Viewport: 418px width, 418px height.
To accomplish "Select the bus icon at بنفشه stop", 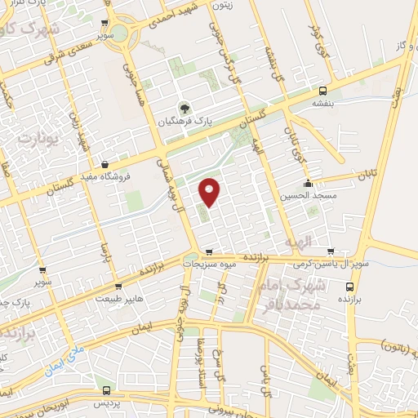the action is coord(323,91).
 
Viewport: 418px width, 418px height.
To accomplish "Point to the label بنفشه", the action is coord(323,104).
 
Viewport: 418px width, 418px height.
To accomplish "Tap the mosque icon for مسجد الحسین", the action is coord(307,183).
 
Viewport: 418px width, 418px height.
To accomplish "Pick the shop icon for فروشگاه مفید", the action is coord(104,164).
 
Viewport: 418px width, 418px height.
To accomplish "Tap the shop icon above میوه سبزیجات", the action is coord(210,251).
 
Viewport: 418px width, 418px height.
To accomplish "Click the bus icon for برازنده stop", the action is coord(349,287).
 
